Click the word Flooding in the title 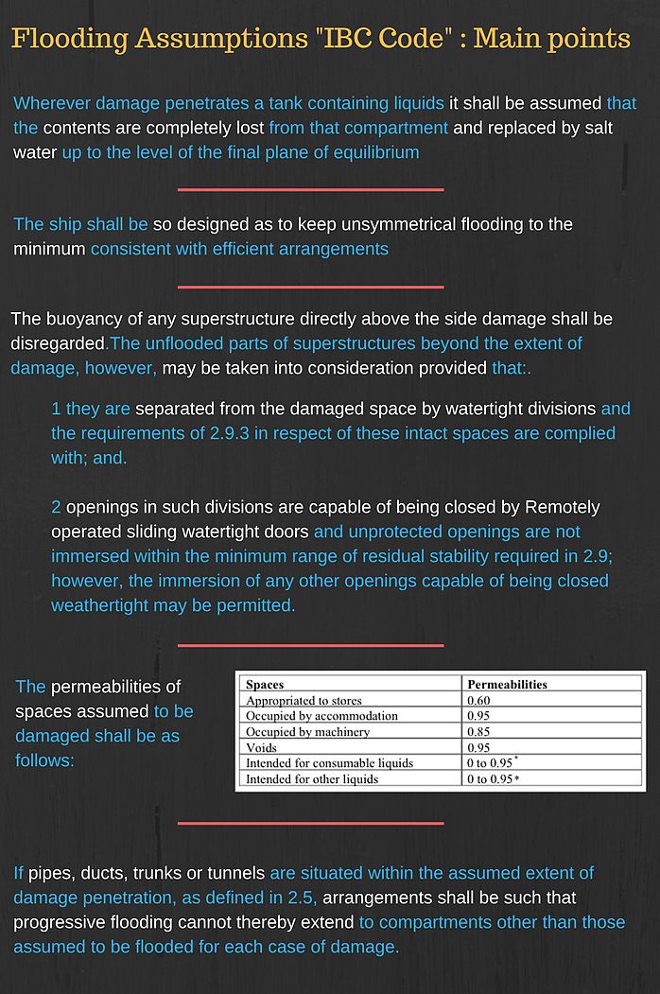[x=71, y=40]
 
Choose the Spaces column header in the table [x=265, y=684]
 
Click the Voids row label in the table [x=262, y=748]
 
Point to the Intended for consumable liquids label [x=329, y=763]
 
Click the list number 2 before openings [x=57, y=507]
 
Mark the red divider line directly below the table [x=310, y=824]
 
